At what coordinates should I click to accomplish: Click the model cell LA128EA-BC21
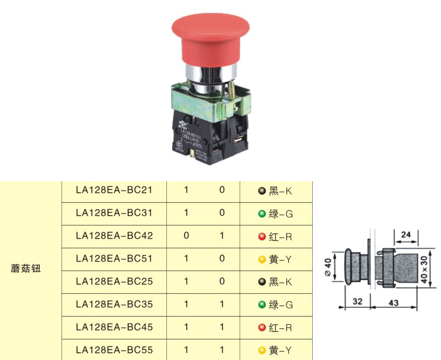click(114, 190)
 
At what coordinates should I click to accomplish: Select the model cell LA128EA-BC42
click(114, 236)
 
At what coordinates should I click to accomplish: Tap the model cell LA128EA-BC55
click(114, 350)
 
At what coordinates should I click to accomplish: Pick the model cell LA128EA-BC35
click(114, 304)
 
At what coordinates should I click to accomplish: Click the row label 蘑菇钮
click(26, 270)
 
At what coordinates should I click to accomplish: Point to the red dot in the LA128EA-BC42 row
click(262, 236)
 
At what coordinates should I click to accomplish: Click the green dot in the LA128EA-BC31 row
click(262, 213)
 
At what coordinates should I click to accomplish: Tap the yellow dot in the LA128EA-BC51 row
click(262, 259)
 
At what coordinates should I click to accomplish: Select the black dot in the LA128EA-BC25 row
click(262, 282)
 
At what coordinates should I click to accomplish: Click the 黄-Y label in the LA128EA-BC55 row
click(281, 351)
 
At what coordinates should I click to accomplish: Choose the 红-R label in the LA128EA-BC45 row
click(281, 328)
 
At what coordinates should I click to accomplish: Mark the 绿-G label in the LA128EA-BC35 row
click(281, 305)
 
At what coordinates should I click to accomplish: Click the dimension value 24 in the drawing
click(406, 235)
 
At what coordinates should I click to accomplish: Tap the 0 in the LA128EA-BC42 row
click(186, 236)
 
